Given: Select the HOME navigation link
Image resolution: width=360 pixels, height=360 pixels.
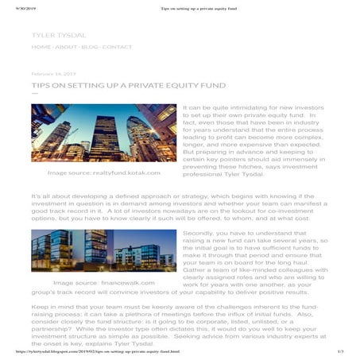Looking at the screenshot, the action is (41, 47).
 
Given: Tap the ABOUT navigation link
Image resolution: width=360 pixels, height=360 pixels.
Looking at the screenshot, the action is (66, 47).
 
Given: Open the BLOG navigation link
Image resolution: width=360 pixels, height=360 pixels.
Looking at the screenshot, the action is (90, 47).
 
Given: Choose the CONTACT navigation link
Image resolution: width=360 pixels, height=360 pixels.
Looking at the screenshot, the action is (118, 47).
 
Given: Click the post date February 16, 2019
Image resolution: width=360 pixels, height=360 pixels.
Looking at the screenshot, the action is (53, 73).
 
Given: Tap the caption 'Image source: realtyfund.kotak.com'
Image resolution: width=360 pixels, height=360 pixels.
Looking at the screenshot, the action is (104, 172).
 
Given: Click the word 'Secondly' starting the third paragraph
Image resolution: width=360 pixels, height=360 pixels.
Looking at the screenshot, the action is (198, 233).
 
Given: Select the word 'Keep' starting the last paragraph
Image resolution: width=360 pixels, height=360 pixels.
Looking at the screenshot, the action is (40, 306).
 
